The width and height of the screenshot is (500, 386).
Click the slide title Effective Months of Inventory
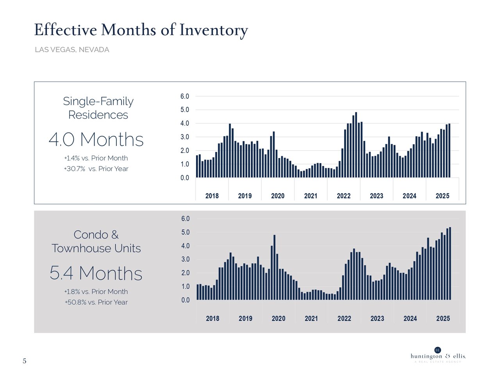pyautogui.click(x=141, y=30)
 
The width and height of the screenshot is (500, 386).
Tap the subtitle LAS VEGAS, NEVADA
pyautogui.click(x=72, y=50)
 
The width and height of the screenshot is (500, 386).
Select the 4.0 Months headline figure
pyautogui.click(x=96, y=140)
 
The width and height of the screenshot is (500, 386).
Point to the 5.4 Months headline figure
pyautogui.click(x=96, y=273)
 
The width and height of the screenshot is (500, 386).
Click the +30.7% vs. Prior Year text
pyautogui.click(x=96, y=169)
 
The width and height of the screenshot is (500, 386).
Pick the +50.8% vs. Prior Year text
pyautogui.click(x=96, y=302)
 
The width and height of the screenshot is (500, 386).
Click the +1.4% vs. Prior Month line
pyautogui.click(x=96, y=158)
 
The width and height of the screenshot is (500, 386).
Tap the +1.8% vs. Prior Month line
pyautogui.click(x=96, y=292)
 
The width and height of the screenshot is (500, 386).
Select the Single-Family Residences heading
pyautogui.click(x=98, y=108)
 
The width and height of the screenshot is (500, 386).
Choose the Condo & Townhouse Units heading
pyautogui.click(x=96, y=242)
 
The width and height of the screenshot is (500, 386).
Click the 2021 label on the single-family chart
pyautogui.click(x=311, y=196)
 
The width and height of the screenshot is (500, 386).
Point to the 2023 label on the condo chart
pyautogui.click(x=377, y=318)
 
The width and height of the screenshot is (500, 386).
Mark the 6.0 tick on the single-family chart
pyautogui.click(x=185, y=96)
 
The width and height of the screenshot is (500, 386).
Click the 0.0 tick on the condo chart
pyautogui.click(x=186, y=300)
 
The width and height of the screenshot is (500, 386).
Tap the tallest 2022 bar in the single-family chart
pyautogui.click(x=356, y=145)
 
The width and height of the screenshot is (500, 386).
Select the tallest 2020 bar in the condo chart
pyautogui.click(x=275, y=267)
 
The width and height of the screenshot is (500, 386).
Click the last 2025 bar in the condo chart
pyautogui.click(x=450, y=263)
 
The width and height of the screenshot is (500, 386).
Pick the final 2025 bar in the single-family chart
pyautogui.click(x=449, y=151)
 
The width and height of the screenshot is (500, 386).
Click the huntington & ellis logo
pyautogui.click(x=438, y=355)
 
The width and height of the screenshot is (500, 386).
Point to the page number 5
pyautogui.click(x=25, y=361)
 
